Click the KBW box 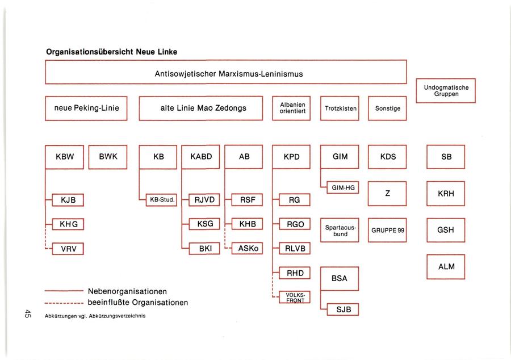tap(64, 157)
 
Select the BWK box tap(108, 157)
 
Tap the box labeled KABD tap(200, 157)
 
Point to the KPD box tap(291, 157)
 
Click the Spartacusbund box tap(340, 231)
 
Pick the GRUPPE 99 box tap(387, 231)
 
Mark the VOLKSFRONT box tap(295, 297)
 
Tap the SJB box tap(343, 309)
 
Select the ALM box tap(446, 267)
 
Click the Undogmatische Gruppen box tap(446, 91)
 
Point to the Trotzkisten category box tap(340, 108)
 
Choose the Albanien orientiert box tap(292, 108)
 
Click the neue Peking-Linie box tap(86, 108)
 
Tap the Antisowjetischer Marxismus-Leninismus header tap(226, 74)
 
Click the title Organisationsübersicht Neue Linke tap(112, 52)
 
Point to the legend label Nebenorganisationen tap(127, 291)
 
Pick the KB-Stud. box tap(162, 199)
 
